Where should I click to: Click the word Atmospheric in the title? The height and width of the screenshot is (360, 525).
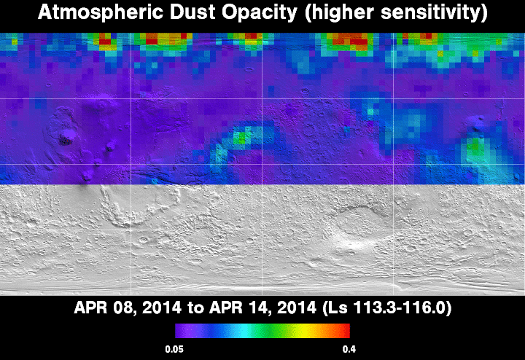101,12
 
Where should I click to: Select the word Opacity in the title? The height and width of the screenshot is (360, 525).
260,13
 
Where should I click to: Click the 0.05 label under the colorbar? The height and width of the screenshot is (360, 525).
174,350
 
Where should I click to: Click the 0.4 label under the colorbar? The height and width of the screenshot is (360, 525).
349,350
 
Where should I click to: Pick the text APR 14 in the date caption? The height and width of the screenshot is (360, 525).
239,308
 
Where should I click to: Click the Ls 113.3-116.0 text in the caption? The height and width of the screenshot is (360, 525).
387,308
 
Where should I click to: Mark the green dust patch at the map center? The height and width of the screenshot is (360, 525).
242,137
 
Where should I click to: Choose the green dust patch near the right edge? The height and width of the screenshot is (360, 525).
475,147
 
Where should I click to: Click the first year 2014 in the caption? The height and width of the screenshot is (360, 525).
162,308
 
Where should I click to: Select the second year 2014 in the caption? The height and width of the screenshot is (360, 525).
296,308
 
